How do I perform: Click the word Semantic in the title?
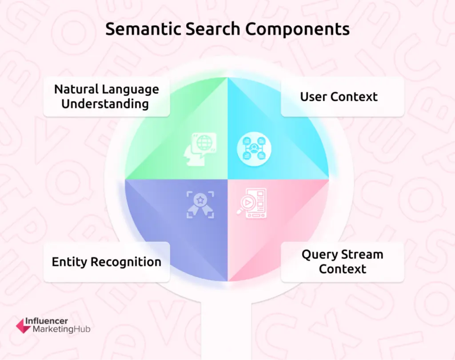click(136, 29)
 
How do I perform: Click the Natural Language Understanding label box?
click(107, 96)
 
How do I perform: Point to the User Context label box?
click(342, 96)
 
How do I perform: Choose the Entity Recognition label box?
click(107, 261)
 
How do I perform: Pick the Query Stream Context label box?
click(342, 261)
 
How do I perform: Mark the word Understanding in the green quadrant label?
click(105, 104)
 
